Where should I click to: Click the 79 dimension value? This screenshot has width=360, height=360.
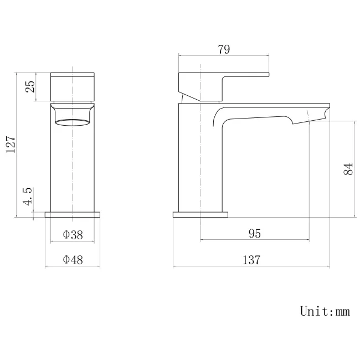tap(224, 49)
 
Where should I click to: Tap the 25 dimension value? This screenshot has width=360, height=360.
tap(30, 86)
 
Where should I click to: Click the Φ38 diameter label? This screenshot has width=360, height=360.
tap(73, 235)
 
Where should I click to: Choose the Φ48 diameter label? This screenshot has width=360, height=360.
tap(73, 259)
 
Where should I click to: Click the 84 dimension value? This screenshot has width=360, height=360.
tap(348, 169)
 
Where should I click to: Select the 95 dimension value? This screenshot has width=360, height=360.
tap(254, 233)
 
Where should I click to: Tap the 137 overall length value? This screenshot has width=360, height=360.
tap(252, 259)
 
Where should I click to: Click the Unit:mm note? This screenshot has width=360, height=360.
tap(325, 311)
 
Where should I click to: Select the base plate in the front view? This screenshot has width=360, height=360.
tap(73, 214)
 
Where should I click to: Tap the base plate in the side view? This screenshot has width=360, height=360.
tap(200, 214)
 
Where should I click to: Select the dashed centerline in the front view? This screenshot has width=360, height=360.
tap(73, 166)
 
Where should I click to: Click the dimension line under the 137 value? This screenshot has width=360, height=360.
tap(252, 266)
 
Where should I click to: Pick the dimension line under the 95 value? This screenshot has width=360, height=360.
tap(254, 240)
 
